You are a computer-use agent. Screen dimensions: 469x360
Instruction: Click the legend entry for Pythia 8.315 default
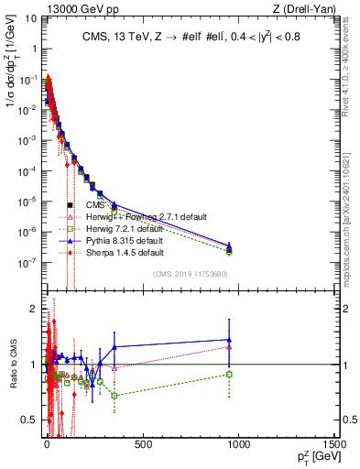127,239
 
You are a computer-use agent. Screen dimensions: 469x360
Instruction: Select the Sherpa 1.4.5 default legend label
125,251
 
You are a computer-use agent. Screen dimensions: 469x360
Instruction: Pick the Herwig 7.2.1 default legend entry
125,228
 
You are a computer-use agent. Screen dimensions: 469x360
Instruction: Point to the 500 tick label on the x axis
141,444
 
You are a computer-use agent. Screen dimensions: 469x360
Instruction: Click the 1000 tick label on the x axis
239,444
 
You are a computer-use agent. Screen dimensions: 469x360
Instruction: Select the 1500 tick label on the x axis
333,444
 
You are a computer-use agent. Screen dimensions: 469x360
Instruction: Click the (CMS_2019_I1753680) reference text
191,275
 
